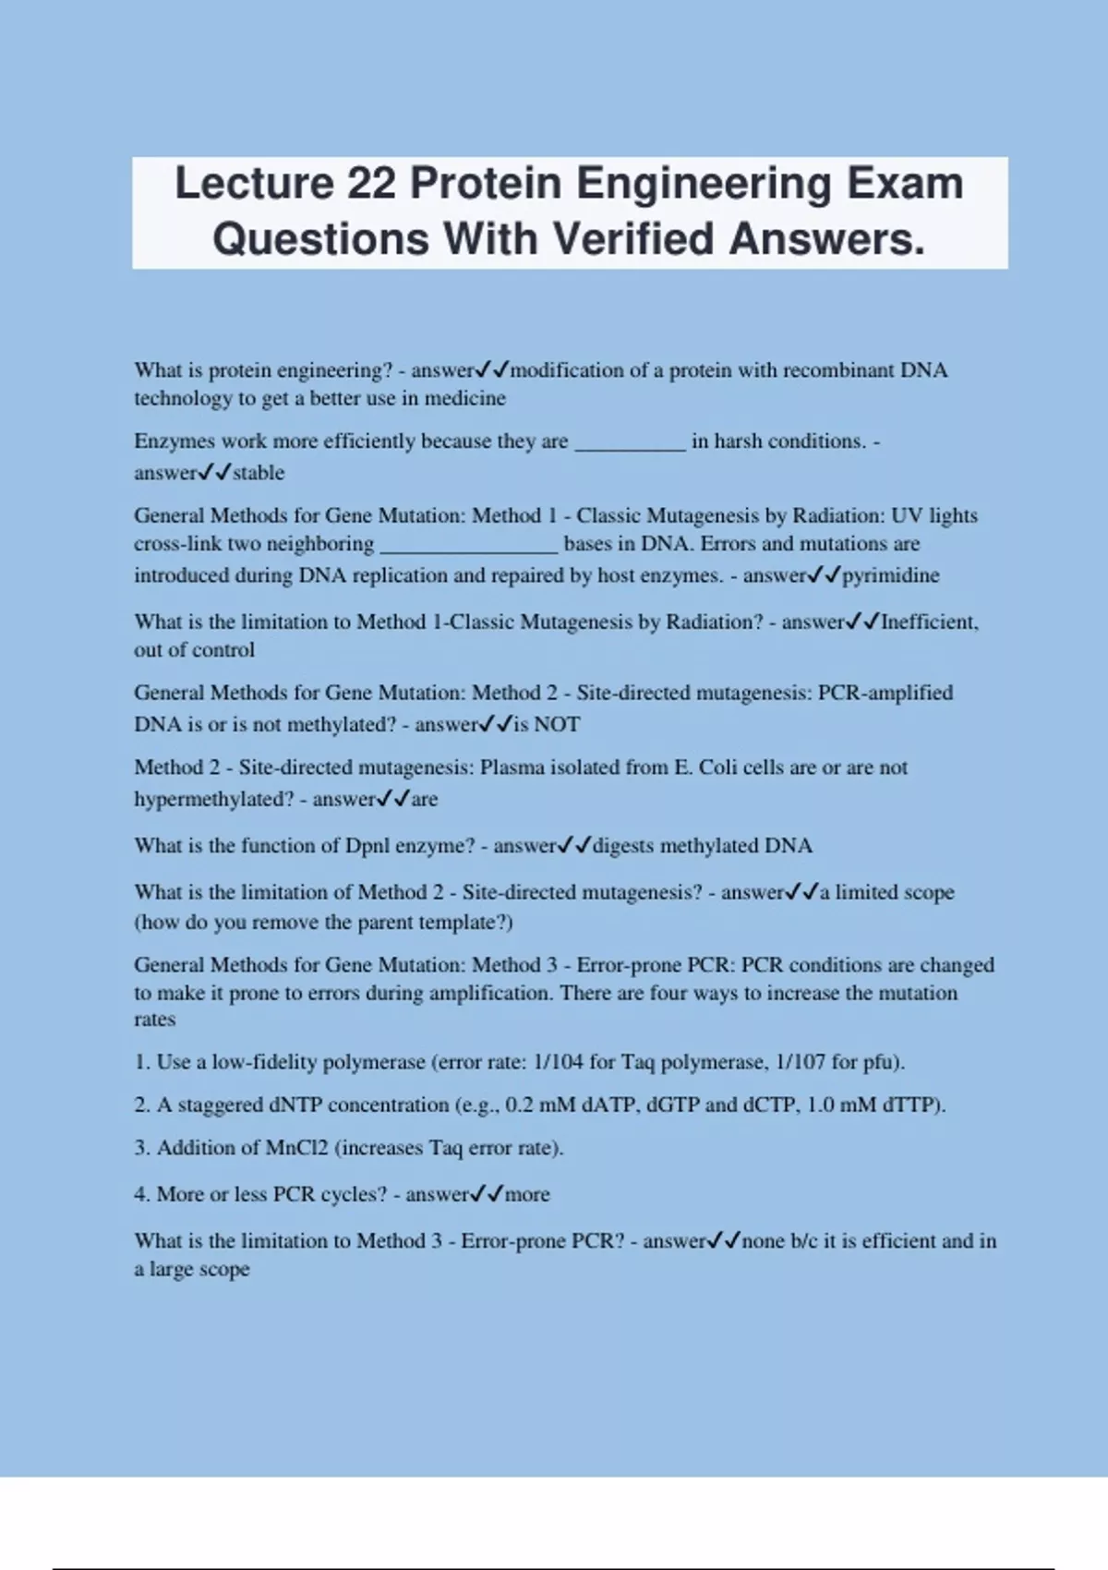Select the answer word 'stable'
point(259,473)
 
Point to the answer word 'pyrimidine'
point(891,575)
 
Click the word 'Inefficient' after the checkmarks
point(929,622)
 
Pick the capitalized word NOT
point(557,724)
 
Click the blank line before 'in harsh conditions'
point(631,443)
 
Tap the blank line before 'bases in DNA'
point(469,545)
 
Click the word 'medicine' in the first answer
point(465,398)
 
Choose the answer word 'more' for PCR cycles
point(527,1194)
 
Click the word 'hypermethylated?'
point(214,799)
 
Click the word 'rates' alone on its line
point(155,1020)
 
